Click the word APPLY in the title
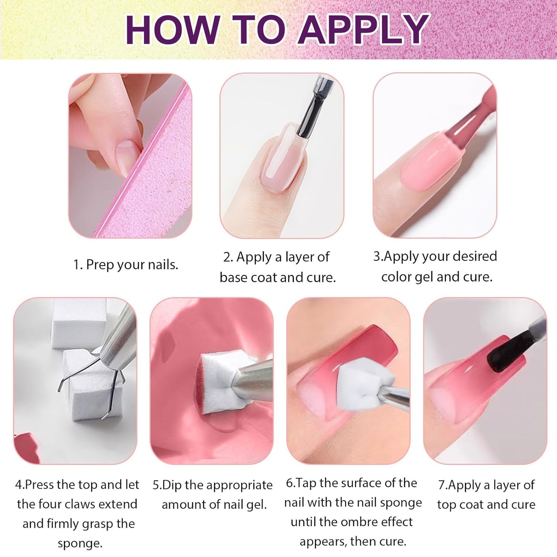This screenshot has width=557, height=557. click(363, 30)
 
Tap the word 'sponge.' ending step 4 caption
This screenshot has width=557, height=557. click(80, 544)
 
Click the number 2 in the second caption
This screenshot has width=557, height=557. click(227, 257)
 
